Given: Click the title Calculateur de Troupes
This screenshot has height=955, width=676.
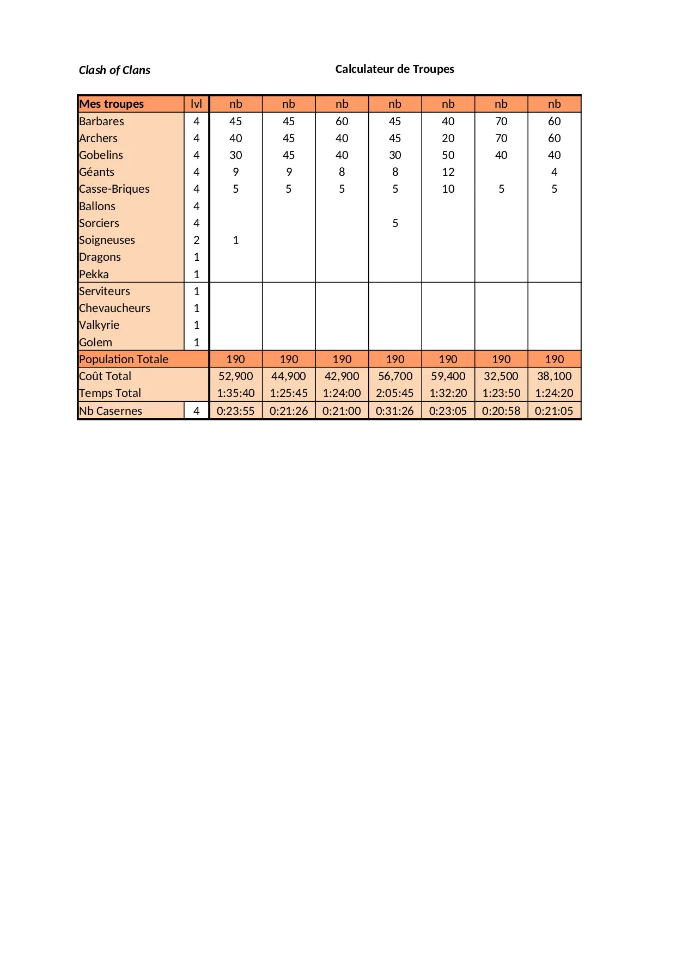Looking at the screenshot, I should tap(394, 69).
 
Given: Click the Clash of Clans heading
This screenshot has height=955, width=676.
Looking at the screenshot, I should tap(114, 70).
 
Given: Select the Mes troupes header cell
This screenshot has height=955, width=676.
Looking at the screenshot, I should tap(112, 104).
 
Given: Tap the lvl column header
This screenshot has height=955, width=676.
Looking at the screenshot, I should tap(196, 104).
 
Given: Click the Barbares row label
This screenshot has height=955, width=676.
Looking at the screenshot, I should tap(102, 121).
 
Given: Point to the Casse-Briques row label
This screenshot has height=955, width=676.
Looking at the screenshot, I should tap(114, 189).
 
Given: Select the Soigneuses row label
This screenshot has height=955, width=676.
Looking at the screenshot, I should tap(107, 240).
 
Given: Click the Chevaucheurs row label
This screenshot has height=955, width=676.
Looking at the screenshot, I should tap(114, 308).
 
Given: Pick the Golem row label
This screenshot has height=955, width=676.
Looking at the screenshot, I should tap(96, 342).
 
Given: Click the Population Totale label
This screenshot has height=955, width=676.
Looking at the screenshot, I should tap(124, 359).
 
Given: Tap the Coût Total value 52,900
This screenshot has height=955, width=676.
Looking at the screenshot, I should tap(235, 376).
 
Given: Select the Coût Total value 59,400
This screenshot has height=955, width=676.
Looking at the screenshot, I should tap(448, 376).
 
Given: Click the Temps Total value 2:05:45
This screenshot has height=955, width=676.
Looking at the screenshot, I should tap(395, 393).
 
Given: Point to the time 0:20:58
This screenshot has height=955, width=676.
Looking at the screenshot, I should tap(501, 411).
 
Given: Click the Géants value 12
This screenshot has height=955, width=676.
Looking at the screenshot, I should tap(448, 172).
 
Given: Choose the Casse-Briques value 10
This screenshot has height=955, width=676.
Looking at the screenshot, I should tap(448, 189).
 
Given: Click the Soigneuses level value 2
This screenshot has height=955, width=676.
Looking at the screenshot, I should tap(196, 240).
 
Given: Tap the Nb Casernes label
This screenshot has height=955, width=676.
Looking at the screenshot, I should tap(111, 411).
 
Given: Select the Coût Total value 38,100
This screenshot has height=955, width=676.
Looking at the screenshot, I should tap(554, 376).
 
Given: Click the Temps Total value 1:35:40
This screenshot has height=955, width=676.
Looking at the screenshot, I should tap(235, 393).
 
